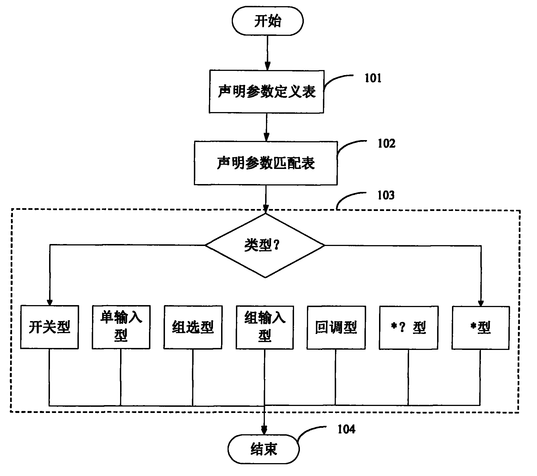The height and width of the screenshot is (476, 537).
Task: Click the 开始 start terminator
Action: click(267, 21)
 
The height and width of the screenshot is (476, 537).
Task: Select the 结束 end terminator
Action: click(263, 449)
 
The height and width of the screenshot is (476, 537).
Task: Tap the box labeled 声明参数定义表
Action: click(266, 92)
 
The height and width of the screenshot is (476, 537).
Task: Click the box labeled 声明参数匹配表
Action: click(265, 163)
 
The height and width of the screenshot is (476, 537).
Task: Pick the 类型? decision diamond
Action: click(265, 245)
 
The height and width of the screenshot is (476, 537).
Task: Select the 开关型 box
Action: click(49, 327)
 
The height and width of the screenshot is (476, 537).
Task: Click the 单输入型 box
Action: click(121, 327)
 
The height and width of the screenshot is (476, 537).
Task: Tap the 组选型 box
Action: click(193, 327)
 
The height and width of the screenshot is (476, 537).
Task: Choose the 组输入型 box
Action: click(265, 327)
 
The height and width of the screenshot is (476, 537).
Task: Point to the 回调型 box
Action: click(336, 327)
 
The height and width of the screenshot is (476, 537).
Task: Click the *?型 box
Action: click(408, 327)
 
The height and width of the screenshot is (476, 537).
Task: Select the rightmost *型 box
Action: click(480, 327)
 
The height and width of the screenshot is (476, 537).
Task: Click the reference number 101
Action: click(373, 78)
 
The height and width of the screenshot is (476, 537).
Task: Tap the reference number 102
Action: click(386, 143)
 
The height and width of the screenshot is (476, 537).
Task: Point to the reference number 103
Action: click(386, 195)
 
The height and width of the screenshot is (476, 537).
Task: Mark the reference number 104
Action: click(346, 429)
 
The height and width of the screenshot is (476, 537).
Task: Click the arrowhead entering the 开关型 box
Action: click(50, 302)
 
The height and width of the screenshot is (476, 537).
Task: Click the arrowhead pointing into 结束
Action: click(264, 431)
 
